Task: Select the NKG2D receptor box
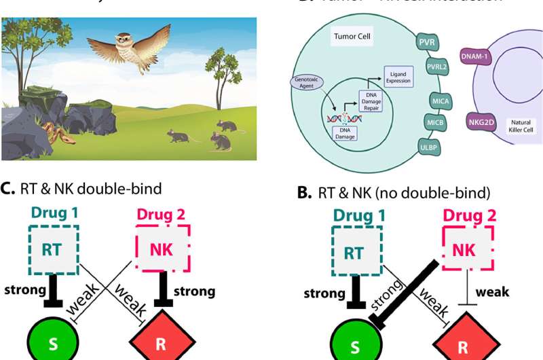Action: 482,122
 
